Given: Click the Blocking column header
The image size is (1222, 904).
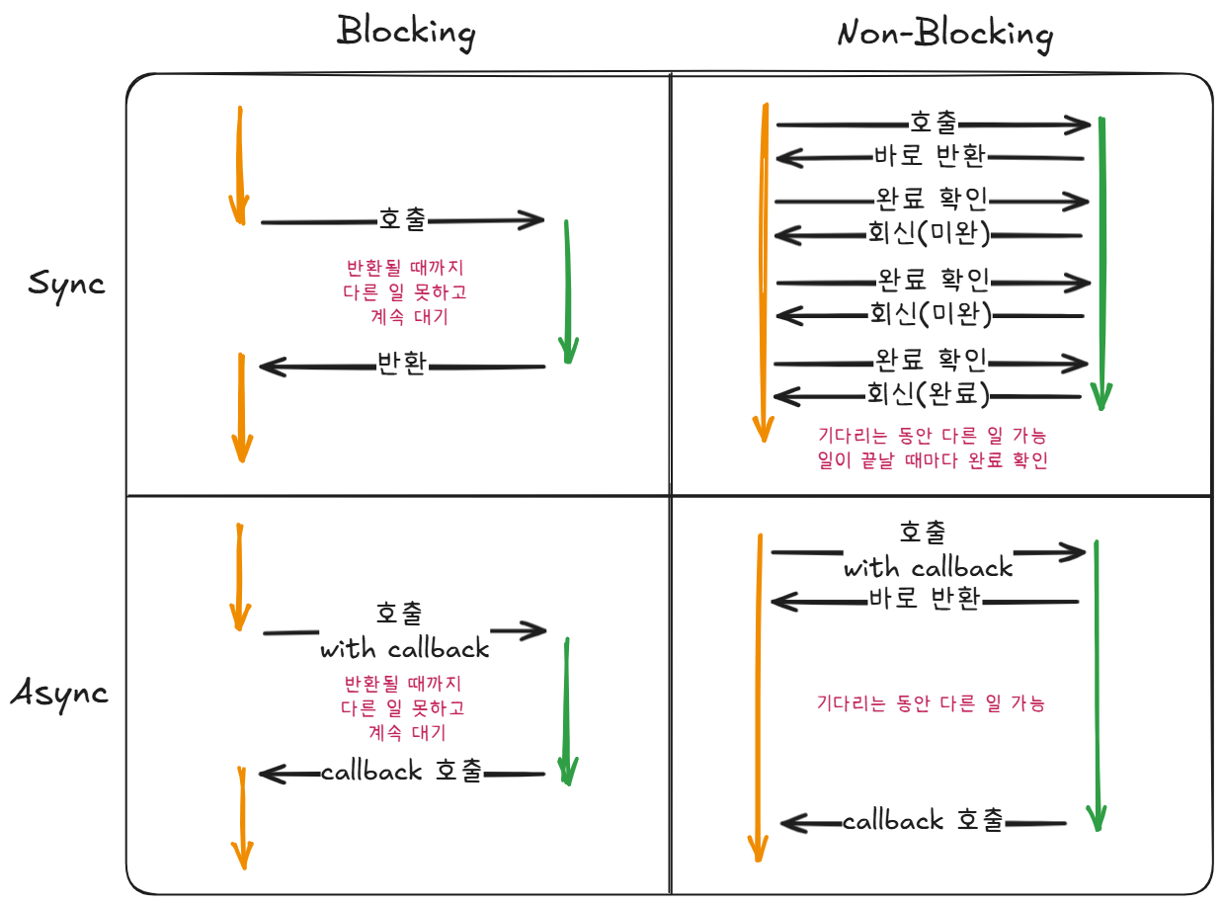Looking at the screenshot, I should tap(406, 33).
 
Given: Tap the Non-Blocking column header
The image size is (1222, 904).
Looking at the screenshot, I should tap(944, 35).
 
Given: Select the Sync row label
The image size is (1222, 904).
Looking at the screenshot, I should tap(66, 284).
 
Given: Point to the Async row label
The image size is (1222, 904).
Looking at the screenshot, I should tap(59, 693).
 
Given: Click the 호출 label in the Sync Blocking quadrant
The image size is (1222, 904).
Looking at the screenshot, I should tap(402, 220).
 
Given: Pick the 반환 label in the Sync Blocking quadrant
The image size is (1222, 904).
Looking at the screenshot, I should tap(402, 365).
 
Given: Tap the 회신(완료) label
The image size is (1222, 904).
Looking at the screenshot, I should tap(928, 394).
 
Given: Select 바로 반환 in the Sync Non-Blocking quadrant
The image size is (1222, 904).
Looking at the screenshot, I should tap(929, 156).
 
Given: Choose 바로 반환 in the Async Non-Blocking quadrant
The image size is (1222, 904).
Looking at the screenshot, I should tap(925, 599).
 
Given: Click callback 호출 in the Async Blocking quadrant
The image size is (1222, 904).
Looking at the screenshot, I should tap(402, 772).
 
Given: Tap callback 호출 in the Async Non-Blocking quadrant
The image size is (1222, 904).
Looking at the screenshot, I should tap(923, 821).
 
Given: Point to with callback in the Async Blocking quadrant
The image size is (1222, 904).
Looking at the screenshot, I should tap(404, 649).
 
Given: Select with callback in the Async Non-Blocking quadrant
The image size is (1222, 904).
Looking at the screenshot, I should tap(928, 568).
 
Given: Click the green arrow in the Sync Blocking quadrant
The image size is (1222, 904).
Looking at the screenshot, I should tap(567, 291).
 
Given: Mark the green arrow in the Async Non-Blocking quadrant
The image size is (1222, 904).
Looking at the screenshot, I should tap(1096, 682).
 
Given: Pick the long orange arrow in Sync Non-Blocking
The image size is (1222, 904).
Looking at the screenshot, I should tap(763, 272).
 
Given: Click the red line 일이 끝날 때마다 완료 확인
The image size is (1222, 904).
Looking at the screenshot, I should tap(933, 460).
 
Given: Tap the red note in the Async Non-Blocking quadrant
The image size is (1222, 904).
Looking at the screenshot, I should tap(931, 704).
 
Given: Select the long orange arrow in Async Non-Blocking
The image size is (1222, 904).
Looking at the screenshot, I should tap(758, 692).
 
